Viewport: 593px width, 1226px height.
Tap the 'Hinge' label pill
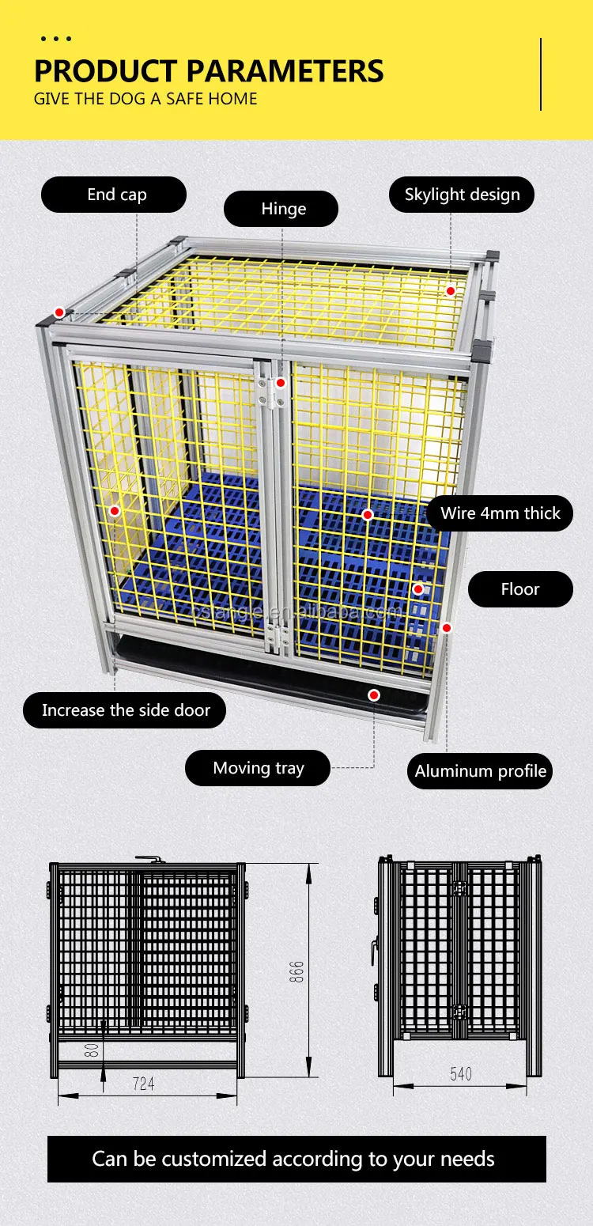point(281,209)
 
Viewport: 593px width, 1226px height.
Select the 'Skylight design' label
point(462,195)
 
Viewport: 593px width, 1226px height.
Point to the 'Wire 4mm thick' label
point(500,513)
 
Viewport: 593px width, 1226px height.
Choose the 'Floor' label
point(519,589)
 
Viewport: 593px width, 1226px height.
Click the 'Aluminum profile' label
point(480,771)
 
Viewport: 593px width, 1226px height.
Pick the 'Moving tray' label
point(258,768)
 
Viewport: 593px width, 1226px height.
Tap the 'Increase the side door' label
point(125,710)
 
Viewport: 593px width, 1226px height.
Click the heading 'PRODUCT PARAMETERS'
point(209,70)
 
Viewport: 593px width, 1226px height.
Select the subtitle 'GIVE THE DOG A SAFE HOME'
point(145,99)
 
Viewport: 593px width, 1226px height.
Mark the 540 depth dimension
point(460,1073)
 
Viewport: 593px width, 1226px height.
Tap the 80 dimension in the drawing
point(92,1050)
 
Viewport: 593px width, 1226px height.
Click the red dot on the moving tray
point(374,695)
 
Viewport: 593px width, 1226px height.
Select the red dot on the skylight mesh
point(450,291)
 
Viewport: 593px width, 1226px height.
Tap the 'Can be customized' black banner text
point(293,1159)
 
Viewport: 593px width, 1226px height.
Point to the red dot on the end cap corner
point(59,312)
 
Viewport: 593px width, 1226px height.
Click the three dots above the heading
point(55,38)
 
